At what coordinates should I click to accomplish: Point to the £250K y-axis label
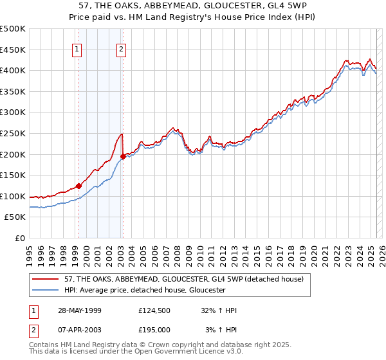pyautogui.click(x=13, y=133)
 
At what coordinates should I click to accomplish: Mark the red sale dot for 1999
pyautogui.click(x=79, y=186)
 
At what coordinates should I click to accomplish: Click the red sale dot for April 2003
pyautogui.click(x=123, y=156)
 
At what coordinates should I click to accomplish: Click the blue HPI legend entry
pyautogui.click(x=144, y=290)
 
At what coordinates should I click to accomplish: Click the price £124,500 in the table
pyautogui.click(x=154, y=310)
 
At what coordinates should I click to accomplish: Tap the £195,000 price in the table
pyautogui.click(x=154, y=330)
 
